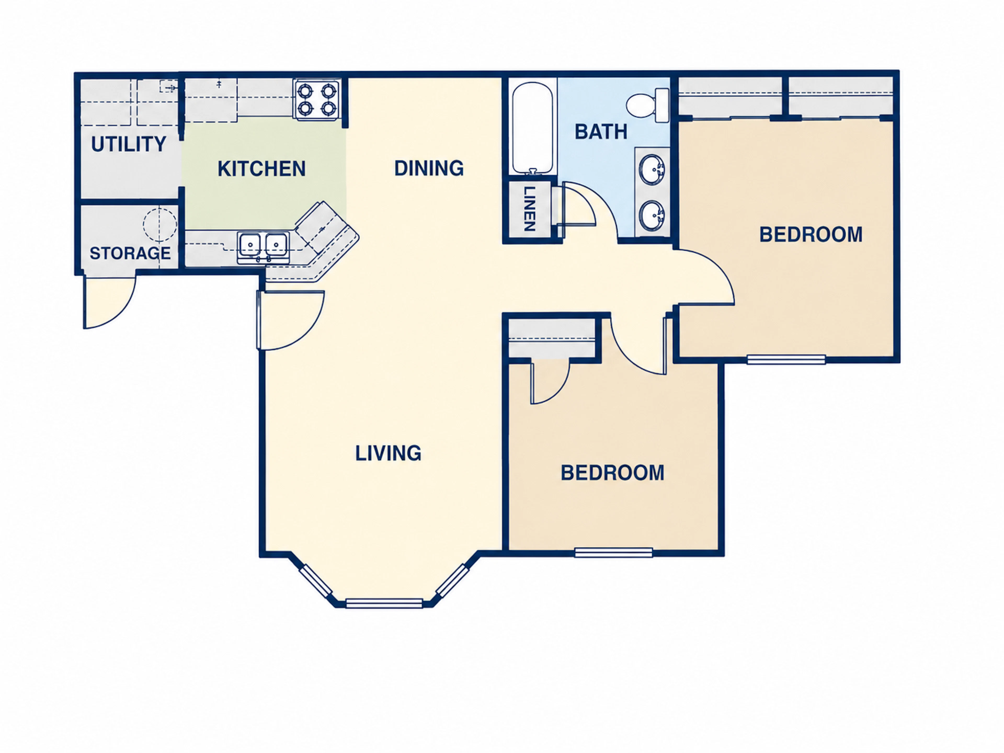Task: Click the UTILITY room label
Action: [x=129, y=144]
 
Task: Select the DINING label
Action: [x=429, y=168]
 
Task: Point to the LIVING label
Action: [x=388, y=453]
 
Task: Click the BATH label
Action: [x=601, y=132]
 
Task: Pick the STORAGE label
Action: [x=130, y=253]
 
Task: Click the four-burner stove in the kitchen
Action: [x=317, y=100]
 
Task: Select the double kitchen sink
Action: [x=263, y=247]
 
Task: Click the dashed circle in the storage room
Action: [x=160, y=225]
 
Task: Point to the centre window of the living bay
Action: [x=384, y=603]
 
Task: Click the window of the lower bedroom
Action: [x=614, y=552]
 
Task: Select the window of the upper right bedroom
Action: [x=786, y=360]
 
